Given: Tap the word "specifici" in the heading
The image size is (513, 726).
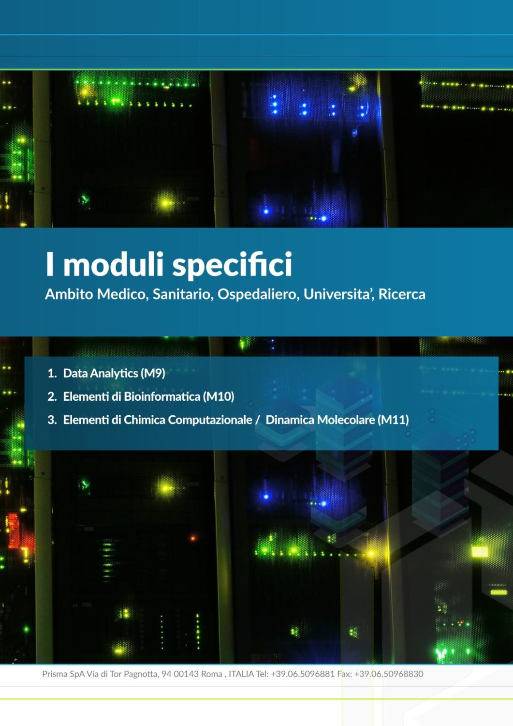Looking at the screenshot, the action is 232,266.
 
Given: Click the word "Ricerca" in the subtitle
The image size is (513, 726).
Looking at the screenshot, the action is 402,294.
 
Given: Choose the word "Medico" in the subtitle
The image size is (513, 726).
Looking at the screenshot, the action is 123,295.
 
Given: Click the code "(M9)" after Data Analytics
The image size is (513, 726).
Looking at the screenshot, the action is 153,373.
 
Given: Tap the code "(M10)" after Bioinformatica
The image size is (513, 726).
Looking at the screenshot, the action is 219,397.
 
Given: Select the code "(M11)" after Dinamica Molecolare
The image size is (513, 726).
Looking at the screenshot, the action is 393,420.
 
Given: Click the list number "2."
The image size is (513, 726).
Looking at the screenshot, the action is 52,397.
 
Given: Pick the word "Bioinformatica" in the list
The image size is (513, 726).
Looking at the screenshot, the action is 162,396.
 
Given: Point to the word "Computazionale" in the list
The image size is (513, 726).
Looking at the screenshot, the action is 210,421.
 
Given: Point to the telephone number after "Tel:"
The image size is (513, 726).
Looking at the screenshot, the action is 303,674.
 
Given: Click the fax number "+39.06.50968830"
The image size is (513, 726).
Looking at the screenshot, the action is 389,674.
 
